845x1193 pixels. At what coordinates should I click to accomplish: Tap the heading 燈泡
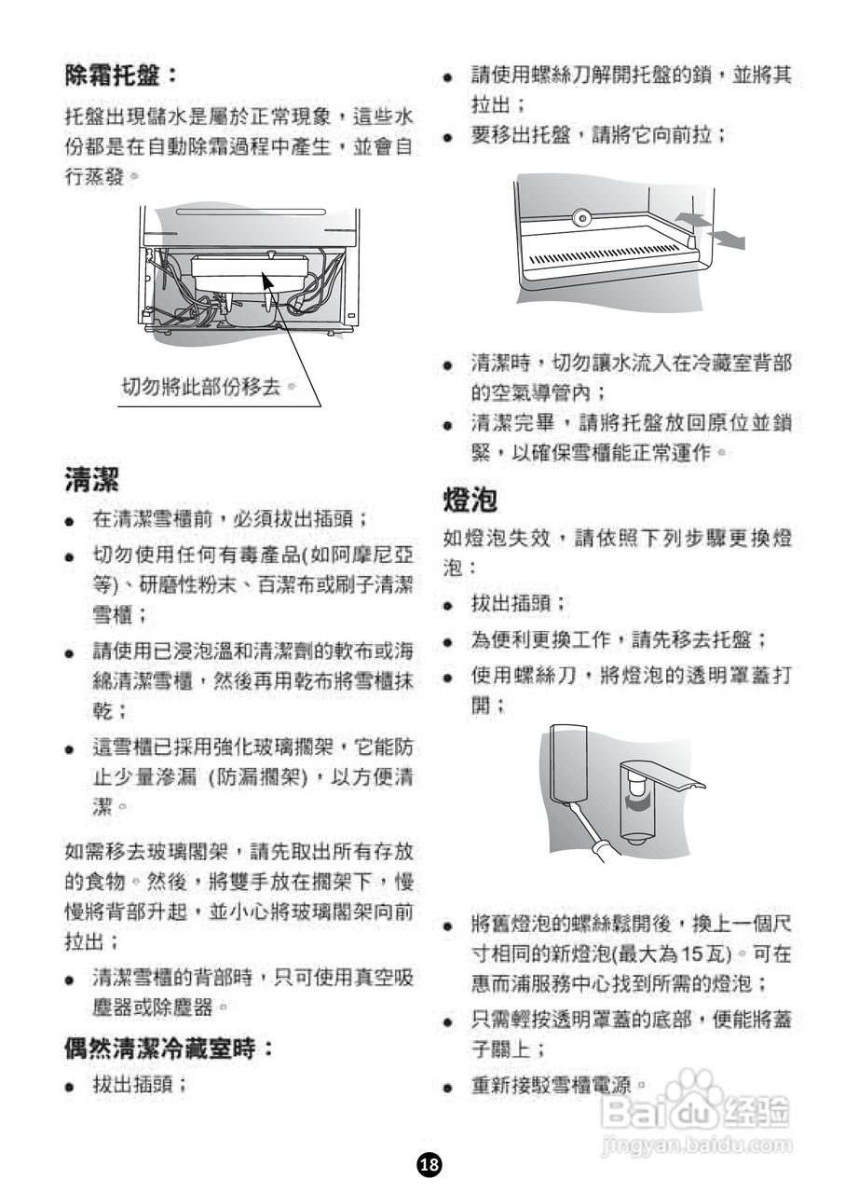[470, 501]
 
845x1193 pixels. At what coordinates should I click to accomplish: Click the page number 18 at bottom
[429, 1163]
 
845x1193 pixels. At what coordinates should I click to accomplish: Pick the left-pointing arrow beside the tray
[688, 218]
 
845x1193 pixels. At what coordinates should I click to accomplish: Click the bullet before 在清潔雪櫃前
[70, 520]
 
